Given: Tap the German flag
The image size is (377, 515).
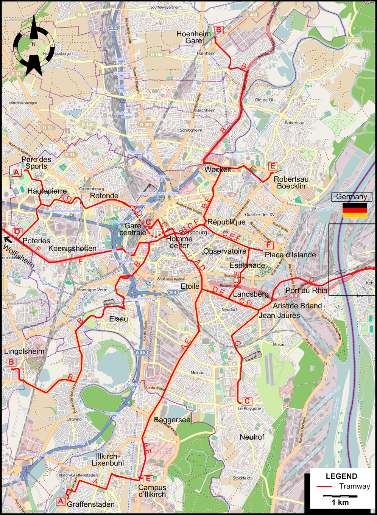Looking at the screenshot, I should tap(355, 210).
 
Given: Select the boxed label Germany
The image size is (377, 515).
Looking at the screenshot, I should tap(351, 197).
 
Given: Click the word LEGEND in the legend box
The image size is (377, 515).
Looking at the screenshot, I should tap(341, 476).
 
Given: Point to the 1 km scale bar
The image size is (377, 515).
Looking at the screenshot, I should tap(340, 496).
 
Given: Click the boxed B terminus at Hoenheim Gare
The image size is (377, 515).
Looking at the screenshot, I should tap(218, 30).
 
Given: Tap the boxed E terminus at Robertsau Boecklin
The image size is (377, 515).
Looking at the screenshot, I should tap(273, 166).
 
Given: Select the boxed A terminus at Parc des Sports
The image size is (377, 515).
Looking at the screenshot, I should tap(16, 173).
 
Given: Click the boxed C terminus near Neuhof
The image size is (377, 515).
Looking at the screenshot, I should tap(247, 401).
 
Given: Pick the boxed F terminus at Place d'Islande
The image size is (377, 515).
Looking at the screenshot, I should tap(268, 245).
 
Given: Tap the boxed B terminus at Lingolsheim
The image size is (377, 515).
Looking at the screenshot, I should tap(11, 362).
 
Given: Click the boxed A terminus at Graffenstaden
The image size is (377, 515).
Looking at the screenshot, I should tap(60, 501).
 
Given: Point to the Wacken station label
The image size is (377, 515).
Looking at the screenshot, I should tap(218, 170).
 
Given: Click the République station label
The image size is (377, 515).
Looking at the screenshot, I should tap(226, 222).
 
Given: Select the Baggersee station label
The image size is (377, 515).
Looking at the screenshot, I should tap(172, 420).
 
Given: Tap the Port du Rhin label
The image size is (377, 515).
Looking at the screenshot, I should tap(306, 290).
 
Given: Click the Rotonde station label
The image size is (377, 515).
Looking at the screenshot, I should tap(104, 196).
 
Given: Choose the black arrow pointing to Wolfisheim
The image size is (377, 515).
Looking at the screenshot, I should tap(8, 240).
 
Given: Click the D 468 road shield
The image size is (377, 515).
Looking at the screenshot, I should tap(251, 15).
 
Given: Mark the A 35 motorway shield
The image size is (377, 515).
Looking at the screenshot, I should tap(140, 352).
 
